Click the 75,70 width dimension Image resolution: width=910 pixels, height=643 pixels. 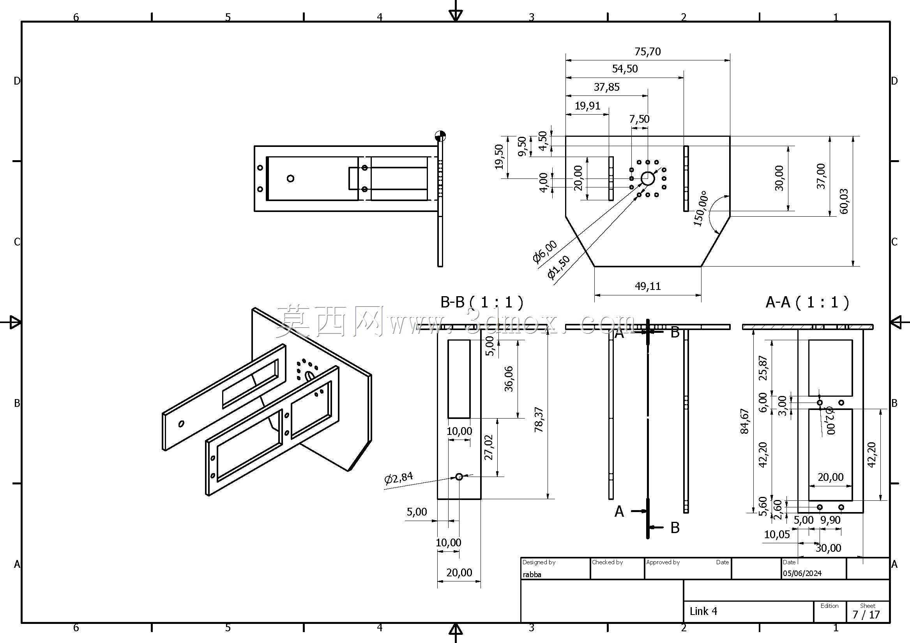648,51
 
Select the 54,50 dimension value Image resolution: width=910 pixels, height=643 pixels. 625,69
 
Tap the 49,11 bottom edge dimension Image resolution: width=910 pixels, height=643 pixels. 648,286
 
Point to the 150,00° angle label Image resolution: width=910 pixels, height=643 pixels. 701,208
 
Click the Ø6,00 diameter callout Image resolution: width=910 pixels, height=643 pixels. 544,251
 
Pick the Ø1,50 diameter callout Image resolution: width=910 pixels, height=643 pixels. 558,267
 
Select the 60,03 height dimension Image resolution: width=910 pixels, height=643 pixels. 844,201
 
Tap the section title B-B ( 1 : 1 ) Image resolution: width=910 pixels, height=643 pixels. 482,302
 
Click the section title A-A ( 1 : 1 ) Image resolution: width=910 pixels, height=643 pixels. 808,302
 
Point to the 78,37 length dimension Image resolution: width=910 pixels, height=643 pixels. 539,419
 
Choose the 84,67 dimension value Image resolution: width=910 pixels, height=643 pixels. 745,421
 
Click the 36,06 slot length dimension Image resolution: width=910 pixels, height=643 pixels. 509,379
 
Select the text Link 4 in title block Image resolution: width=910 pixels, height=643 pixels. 703,611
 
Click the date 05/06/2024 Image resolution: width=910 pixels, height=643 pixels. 802,573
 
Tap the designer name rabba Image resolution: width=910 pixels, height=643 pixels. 532,574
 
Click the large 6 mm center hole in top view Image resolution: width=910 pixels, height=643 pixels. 648,178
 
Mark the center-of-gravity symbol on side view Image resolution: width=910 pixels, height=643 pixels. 440,136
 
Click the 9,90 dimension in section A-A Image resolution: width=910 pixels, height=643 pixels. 830,520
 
